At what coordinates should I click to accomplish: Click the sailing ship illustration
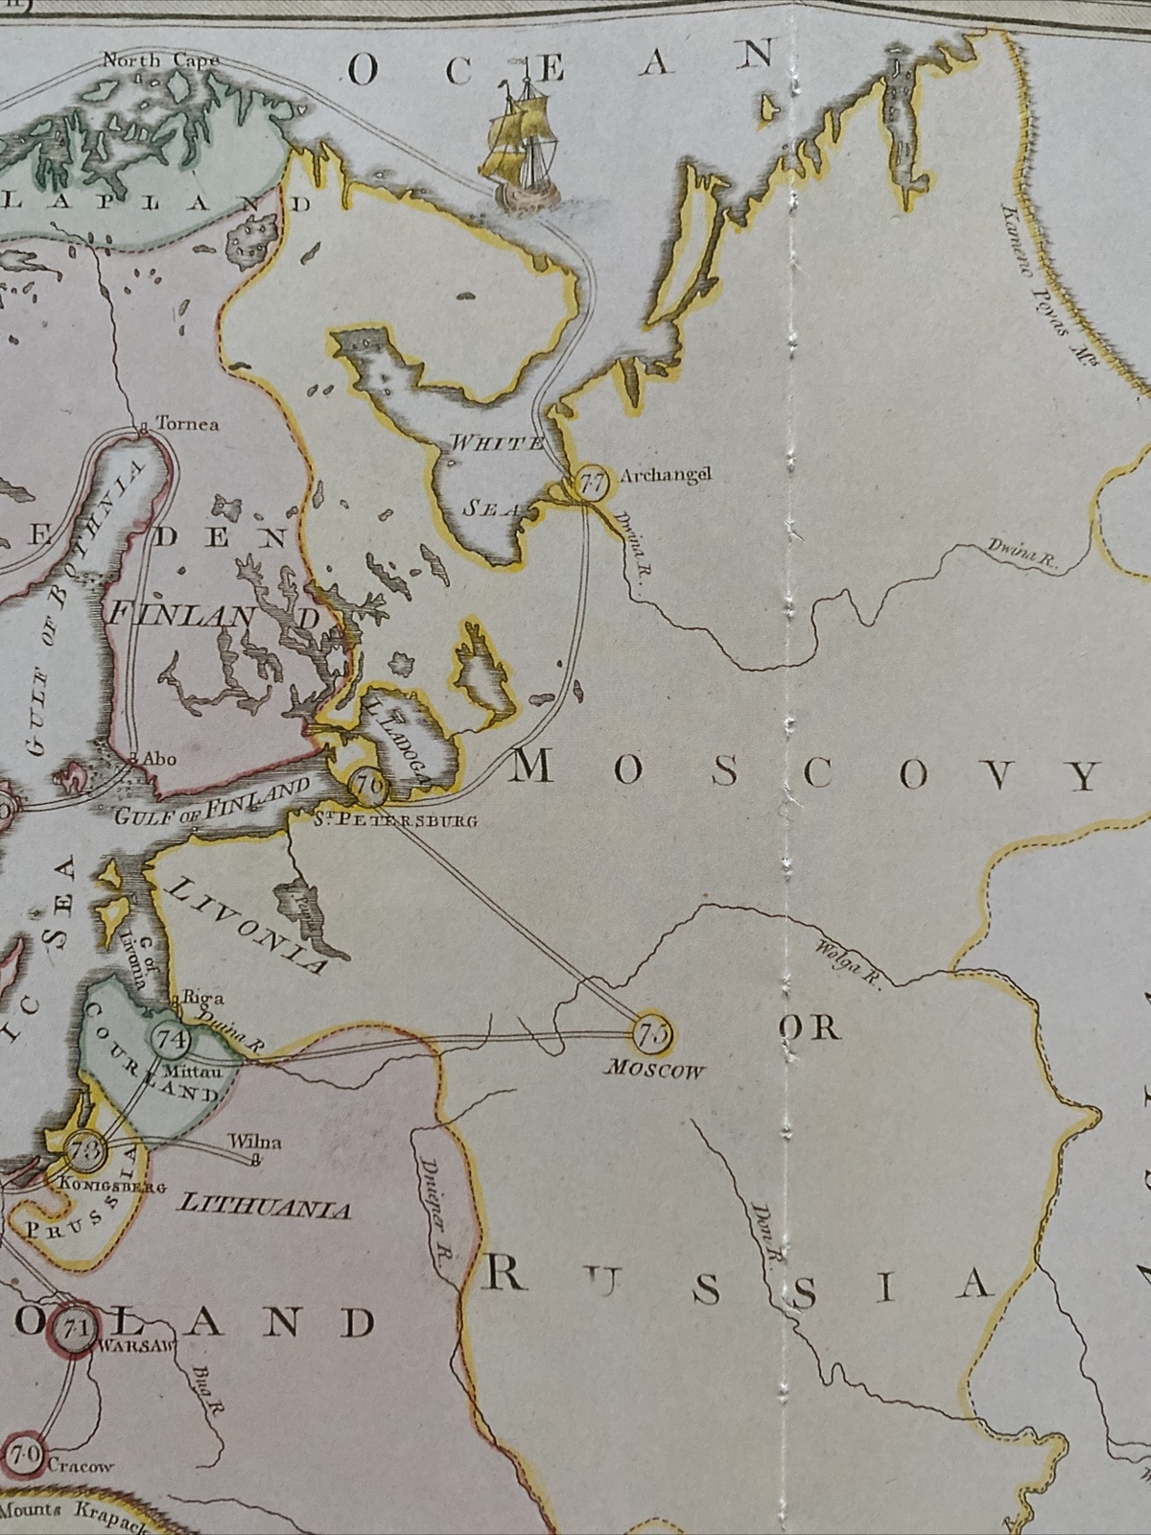pyautogui.click(x=520, y=144)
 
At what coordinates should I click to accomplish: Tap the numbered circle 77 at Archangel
pyautogui.click(x=592, y=483)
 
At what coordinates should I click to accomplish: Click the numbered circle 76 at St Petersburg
pyautogui.click(x=367, y=787)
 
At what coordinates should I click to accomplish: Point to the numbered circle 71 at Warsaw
pyautogui.click(x=72, y=1329)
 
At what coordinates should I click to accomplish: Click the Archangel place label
pyautogui.click(x=666, y=475)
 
